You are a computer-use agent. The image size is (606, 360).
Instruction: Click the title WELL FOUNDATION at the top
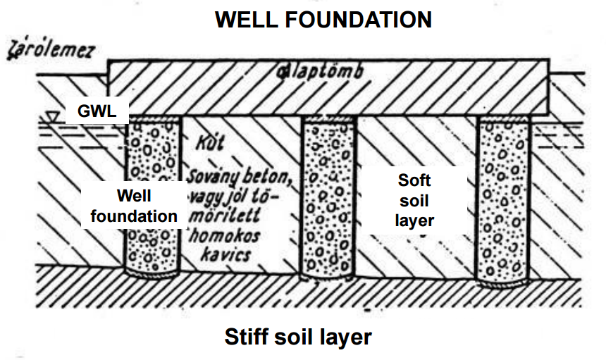point(323,19)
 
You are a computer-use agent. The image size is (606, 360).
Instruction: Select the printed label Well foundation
point(134,205)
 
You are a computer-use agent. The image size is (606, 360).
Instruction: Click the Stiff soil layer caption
point(298,337)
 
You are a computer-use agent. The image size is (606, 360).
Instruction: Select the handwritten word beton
point(268,174)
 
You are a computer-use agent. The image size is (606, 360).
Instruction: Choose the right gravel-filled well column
point(502,197)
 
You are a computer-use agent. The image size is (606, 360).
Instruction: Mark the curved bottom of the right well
point(502,284)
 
